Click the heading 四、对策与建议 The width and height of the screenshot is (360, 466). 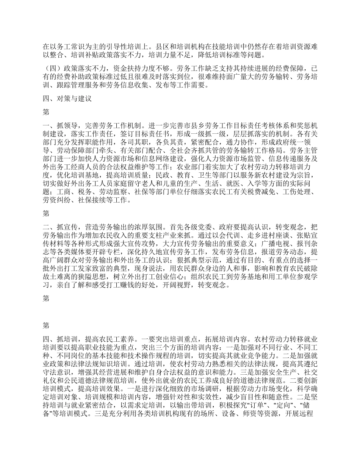(x=67, y=99)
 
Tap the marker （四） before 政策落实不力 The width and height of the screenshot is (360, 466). (x=51, y=69)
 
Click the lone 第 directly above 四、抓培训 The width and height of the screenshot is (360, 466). (x=46, y=325)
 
